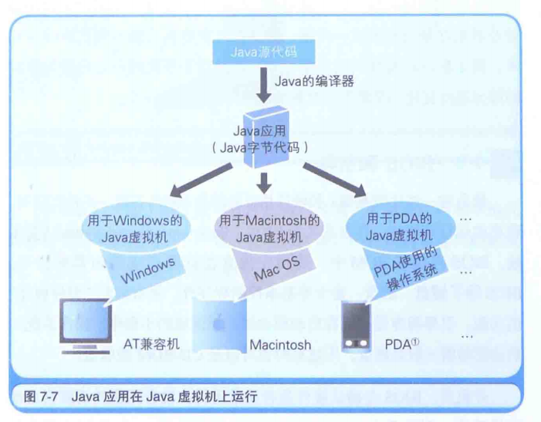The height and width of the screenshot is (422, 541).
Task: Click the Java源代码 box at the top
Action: click(264, 52)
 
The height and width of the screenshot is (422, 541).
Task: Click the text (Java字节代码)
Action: click(265, 148)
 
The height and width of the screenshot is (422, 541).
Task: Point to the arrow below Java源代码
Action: click(264, 86)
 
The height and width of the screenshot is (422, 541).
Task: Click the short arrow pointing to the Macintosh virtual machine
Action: click(265, 182)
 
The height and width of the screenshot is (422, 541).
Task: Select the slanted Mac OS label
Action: click(278, 269)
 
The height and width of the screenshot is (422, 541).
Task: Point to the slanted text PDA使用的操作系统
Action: click(407, 270)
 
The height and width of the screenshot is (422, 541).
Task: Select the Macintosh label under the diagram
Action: click(280, 345)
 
